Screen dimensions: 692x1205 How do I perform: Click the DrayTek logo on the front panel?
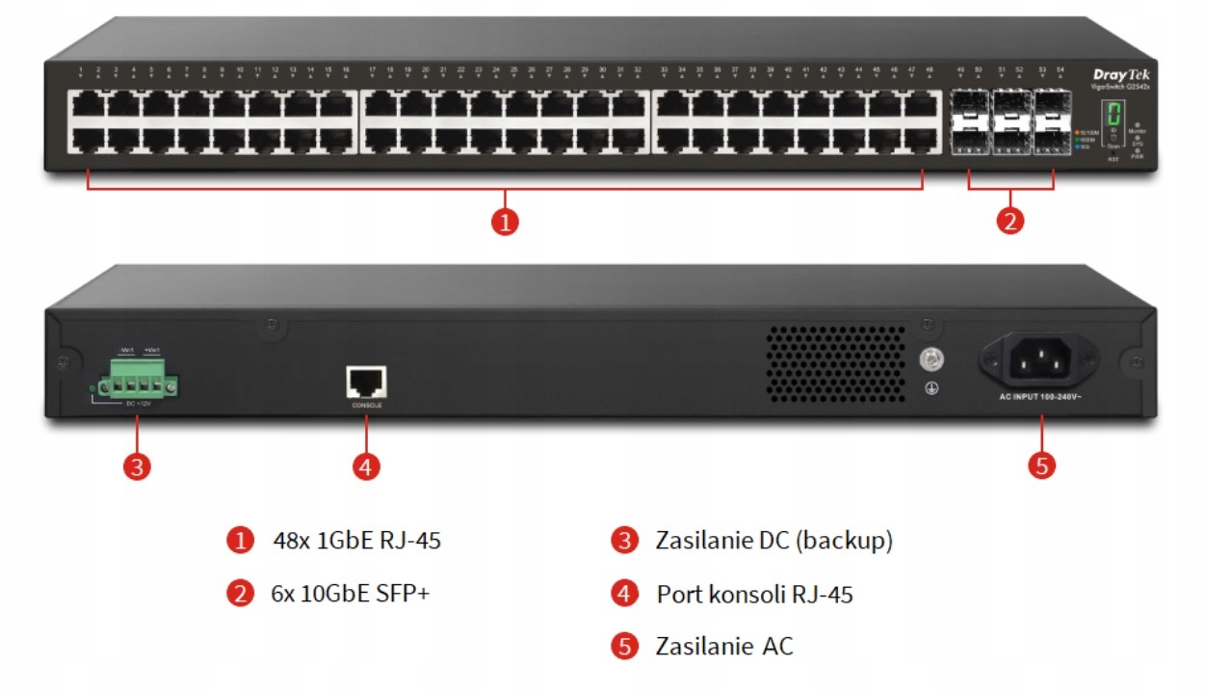1121,75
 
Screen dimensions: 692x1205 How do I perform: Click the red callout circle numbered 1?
505,222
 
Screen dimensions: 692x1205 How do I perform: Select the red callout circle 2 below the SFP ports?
1009,222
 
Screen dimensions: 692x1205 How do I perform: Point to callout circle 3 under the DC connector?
137,466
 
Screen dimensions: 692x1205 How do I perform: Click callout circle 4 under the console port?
365,466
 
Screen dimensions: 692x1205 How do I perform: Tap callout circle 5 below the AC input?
1041,466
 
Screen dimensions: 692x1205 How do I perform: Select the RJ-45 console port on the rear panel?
366,382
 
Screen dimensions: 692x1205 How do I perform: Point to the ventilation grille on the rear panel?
836,364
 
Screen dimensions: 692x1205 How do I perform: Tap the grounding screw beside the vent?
931,359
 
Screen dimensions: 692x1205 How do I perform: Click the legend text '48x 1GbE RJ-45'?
356,541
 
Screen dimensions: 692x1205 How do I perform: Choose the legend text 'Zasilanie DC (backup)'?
773,541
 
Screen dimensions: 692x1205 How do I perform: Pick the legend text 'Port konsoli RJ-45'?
754,594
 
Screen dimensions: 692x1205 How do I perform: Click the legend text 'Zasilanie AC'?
724,646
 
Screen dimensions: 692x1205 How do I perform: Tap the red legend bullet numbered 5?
625,646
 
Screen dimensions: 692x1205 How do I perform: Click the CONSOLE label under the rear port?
366,406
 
